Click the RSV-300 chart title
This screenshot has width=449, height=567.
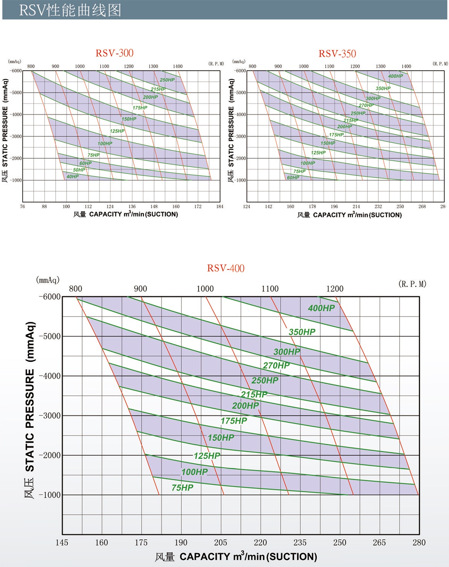click(x=114, y=53)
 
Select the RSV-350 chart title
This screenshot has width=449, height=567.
click(x=337, y=54)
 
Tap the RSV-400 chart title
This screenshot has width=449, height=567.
click(x=226, y=268)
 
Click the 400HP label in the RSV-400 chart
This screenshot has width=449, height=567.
click(x=321, y=308)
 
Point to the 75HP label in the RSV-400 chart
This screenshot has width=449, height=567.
click(x=182, y=488)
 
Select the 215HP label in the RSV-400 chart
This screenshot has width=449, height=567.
click(x=254, y=394)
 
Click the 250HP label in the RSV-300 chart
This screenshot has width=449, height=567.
click(x=167, y=80)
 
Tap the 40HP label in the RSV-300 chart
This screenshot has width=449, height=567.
click(x=73, y=177)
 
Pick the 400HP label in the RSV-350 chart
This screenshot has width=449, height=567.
click(x=395, y=76)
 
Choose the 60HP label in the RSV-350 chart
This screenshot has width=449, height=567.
click(x=293, y=177)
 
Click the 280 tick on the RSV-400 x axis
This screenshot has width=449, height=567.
click(x=419, y=543)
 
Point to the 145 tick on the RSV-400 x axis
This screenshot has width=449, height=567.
click(x=62, y=543)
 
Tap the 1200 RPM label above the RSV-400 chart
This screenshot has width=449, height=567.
click(x=335, y=289)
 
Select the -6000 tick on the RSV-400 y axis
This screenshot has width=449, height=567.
click(x=50, y=297)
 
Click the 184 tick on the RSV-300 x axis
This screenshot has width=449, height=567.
click(x=220, y=207)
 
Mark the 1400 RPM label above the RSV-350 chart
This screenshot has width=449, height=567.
click(x=406, y=66)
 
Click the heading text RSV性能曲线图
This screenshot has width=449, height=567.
click(x=70, y=10)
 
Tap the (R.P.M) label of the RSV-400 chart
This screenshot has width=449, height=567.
click(x=412, y=284)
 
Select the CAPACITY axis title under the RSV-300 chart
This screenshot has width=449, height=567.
click(x=126, y=214)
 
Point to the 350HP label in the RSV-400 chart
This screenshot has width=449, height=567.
click(x=302, y=332)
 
